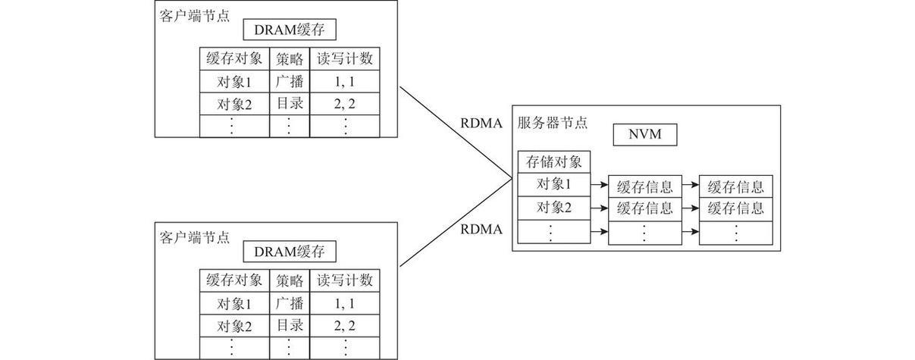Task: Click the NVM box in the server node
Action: coord(644,135)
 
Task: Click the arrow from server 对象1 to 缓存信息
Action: coord(599,185)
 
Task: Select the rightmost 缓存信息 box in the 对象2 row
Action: coord(735,208)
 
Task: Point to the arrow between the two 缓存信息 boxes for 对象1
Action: coord(690,185)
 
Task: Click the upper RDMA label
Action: coord(481,124)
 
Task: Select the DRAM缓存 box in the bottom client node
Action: coord(289,252)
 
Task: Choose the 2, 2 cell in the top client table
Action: coord(345,105)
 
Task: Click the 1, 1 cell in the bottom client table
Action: coord(345,304)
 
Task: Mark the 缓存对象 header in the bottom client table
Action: coord(234,280)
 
